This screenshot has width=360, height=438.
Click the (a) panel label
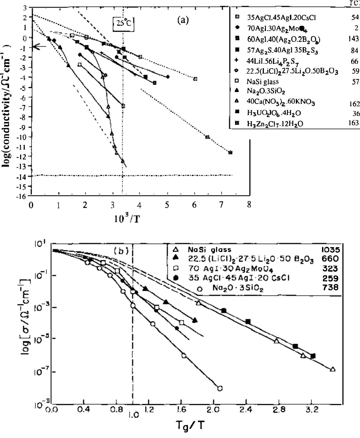tap(183, 20)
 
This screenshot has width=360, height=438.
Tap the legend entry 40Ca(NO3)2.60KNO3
tap(280, 102)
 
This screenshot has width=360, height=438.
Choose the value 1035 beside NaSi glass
tap(330, 250)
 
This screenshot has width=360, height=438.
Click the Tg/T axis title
tap(190, 426)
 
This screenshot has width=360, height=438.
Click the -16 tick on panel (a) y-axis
tap(24, 196)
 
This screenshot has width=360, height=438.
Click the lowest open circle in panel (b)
tap(220, 388)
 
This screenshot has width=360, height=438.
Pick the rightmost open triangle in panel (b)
tap(333, 369)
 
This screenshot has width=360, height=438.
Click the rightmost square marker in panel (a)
tap(230, 152)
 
